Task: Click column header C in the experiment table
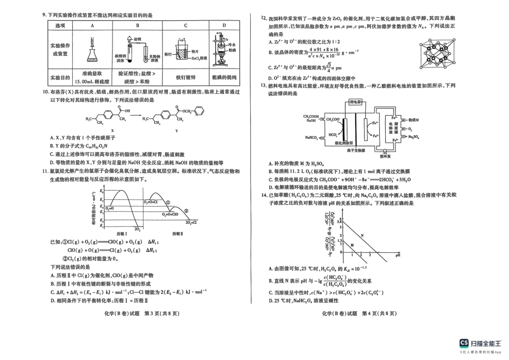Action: pos(185,26)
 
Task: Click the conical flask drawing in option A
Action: pos(93,52)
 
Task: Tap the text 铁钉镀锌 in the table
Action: pos(185,77)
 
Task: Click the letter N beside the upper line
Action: pos(362,236)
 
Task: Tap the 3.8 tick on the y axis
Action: pos(340,221)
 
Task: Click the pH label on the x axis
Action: pos(398,256)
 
